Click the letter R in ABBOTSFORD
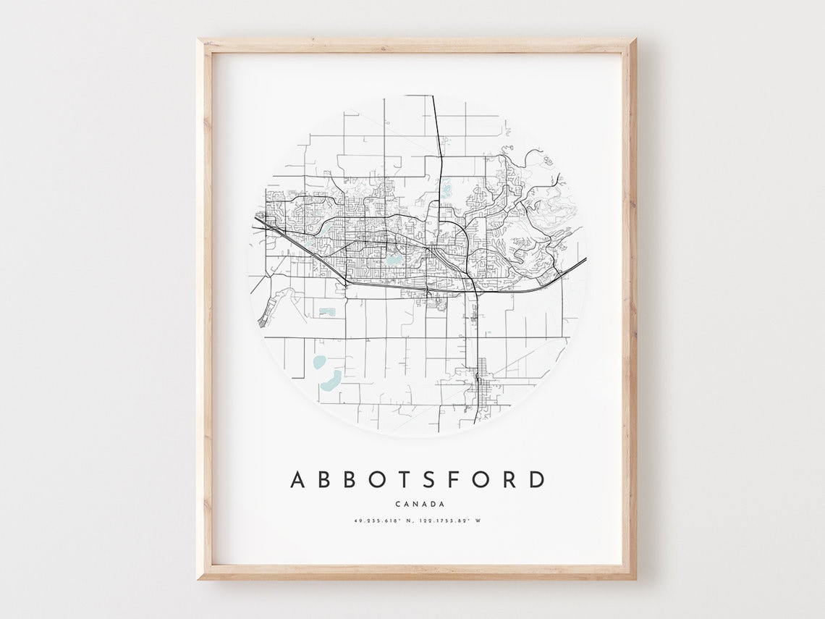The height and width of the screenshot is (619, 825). (x=509, y=480)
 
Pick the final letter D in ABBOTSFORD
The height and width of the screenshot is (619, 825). (x=536, y=480)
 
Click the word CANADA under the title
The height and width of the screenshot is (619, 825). (x=420, y=505)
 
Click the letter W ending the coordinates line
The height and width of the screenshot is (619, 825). (x=478, y=521)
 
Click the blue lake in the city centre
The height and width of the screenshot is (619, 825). (x=394, y=258)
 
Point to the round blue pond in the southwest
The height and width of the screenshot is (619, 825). (x=319, y=361)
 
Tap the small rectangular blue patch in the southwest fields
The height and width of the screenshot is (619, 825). (x=327, y=312)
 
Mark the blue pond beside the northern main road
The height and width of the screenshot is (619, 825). (x=447, y=190)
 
